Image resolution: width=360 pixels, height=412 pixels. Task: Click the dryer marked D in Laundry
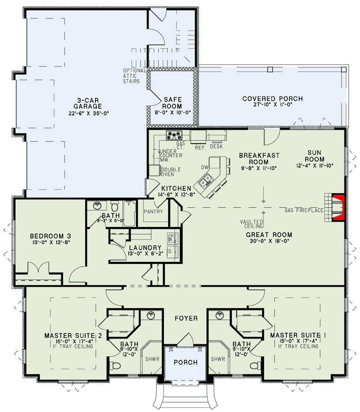click(x=171, y=252)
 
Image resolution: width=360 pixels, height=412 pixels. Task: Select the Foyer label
click(x=186, y=318)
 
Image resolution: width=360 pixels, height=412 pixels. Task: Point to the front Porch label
click(x=185, y=363)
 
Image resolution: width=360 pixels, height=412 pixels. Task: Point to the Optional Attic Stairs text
click(x=135, y=76)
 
